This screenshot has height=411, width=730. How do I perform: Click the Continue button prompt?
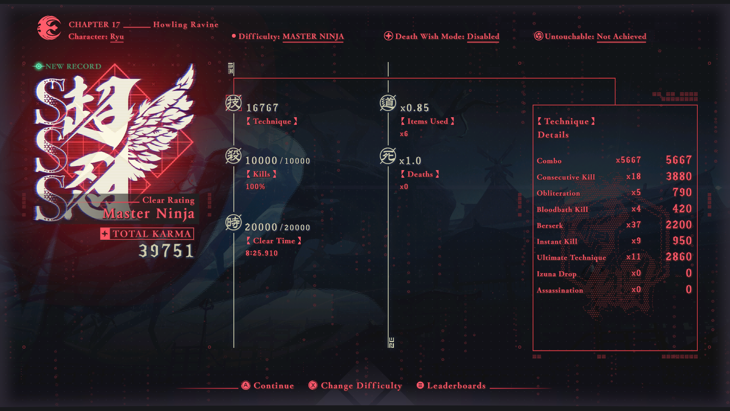268,386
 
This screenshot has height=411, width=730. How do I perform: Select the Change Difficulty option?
355,386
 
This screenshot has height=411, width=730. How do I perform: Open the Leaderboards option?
451,386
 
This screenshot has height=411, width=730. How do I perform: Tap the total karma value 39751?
166,251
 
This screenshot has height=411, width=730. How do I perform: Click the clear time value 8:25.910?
262,253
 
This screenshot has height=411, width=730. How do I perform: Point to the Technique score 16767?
262,108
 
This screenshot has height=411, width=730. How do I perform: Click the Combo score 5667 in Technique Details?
679,160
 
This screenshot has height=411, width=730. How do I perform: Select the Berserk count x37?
634,225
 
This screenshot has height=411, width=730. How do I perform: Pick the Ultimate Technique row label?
571,258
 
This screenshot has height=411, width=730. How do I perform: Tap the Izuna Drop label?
557,274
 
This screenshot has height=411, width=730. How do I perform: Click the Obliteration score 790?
682,192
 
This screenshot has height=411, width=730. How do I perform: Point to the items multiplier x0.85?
414,108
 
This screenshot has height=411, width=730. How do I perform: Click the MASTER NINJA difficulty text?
313,37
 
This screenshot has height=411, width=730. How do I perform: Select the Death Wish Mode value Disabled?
483,37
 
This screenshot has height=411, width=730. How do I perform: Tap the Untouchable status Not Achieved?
621,37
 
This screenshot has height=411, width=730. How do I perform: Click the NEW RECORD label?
73,66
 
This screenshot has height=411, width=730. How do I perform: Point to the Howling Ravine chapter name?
186,25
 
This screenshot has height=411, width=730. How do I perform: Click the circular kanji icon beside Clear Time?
233,222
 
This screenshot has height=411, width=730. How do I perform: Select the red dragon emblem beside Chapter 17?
49,28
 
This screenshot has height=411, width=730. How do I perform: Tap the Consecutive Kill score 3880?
679,176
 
